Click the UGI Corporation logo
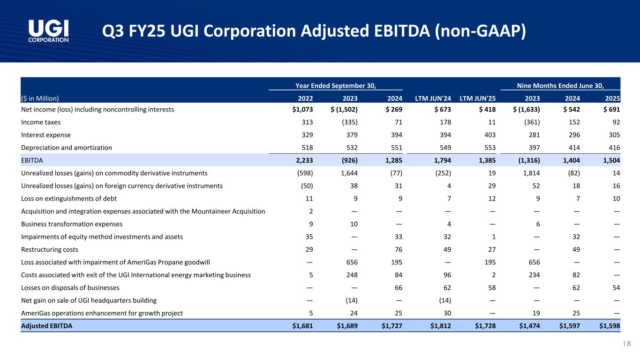[x=49, y=31]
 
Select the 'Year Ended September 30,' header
[x=336, y=85]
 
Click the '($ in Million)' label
[x=40, y=98]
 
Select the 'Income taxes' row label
[x=41, y=122]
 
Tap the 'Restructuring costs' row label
[x=50, y=249]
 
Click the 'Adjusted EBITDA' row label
[x=47, y=326]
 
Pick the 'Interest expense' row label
[x=46, y=135]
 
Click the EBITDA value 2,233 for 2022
[x=302, y=160]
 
